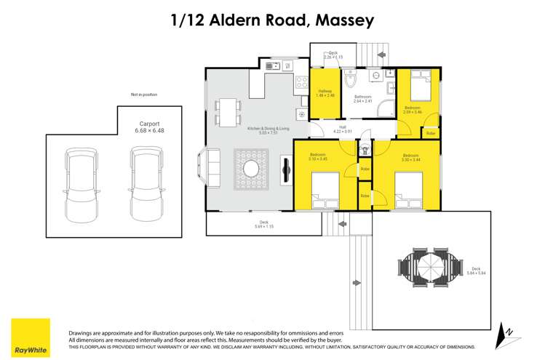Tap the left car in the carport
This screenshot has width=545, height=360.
coord(80,185)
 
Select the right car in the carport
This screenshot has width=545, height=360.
coord(144,185)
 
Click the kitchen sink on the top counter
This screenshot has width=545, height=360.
coord(272,66)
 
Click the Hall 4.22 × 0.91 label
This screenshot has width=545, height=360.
coord(342,130)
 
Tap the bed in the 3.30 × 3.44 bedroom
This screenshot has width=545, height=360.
coord(412,192)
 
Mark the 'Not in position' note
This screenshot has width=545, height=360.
coord(143,95)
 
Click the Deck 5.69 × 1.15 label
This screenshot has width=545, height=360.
coord(263,224)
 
